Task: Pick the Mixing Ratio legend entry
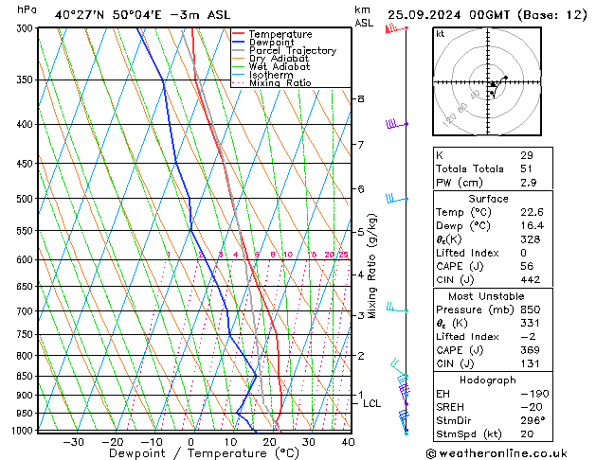coord(280,83)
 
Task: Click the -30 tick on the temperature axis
coord(73,442)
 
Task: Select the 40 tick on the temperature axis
coord(348,442)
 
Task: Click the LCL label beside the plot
coord(372,403)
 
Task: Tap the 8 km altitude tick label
coord(360,98)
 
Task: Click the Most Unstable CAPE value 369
coord(530,350)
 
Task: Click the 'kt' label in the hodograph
coord(441,34)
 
